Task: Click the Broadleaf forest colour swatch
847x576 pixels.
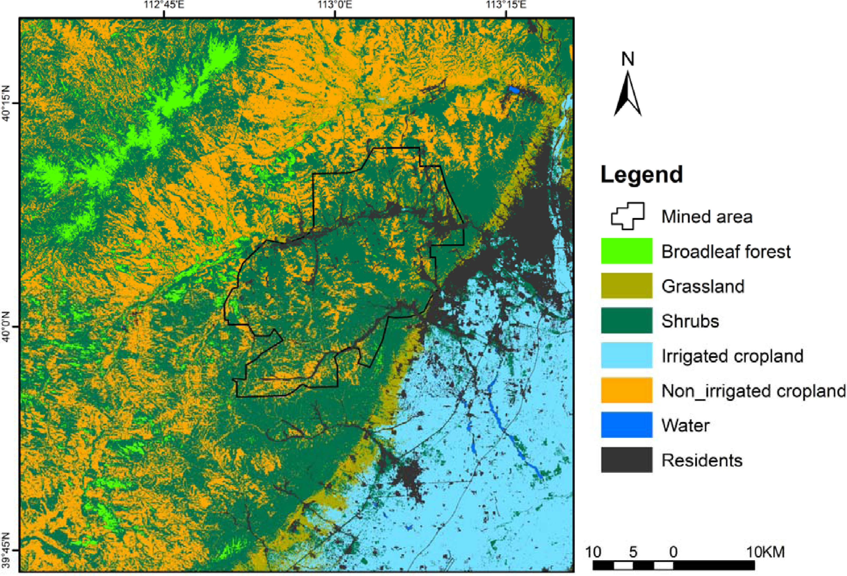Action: pyautogui.click(x=626, y=251)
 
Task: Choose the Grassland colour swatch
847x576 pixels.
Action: pyautogui.click(x=626, y=286)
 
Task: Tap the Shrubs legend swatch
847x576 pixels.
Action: pyautogui.click(x=626, y=320)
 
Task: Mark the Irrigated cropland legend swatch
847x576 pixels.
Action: pyautogui.click(x=626, y=355)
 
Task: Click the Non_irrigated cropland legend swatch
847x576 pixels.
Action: pyautogui.click(x=626, y=390)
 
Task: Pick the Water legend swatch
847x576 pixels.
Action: pyautogui.click(x=626, y=425)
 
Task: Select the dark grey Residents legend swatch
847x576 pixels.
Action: pyautogui.click(x=626, y=460)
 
